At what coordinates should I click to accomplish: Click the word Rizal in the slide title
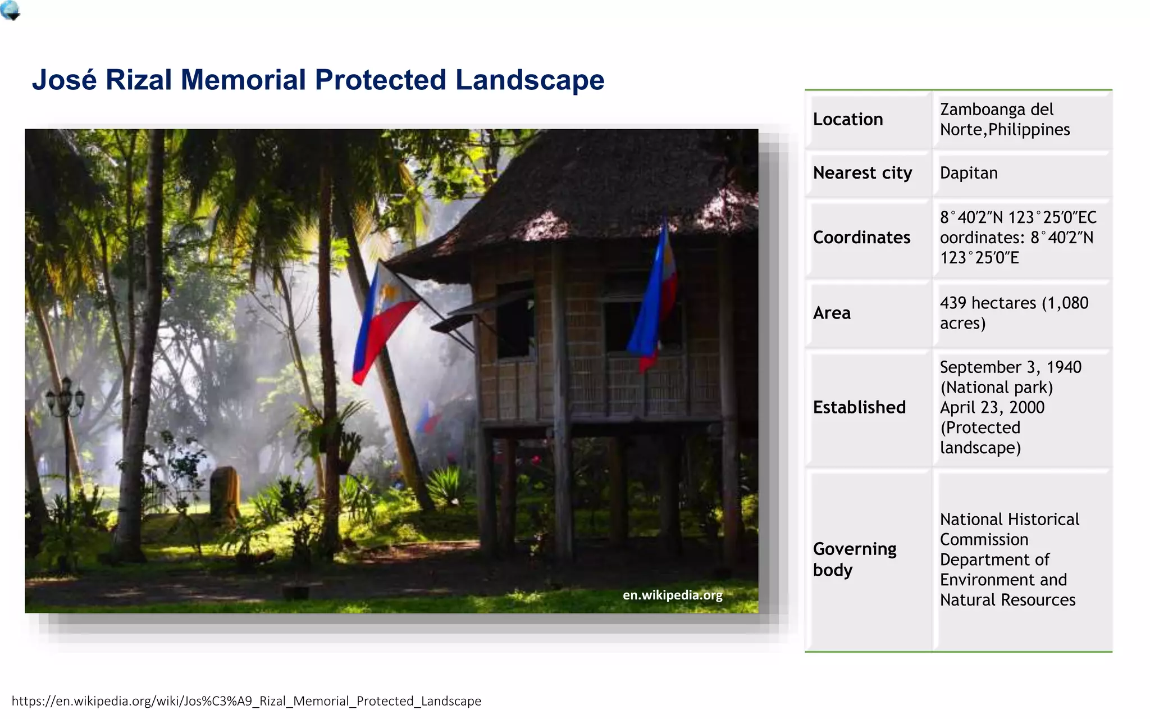[x=138, y=80]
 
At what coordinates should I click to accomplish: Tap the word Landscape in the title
[x=530, y=80]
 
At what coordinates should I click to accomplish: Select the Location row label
[x=848, y=119]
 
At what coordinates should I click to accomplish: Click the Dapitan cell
[x=969, y=173]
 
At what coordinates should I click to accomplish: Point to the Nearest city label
[x=862, y=173]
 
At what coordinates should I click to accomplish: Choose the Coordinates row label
[x=861, y=238]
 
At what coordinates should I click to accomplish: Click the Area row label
[x=832, y=313]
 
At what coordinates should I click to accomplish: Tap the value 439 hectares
[x=988, y=303]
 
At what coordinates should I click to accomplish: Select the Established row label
[x=859, y=407]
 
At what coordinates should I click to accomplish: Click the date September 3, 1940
[x=1010, y=367]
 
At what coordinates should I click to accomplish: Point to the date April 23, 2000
[x=992, y=407]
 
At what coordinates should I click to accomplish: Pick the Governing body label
[x=854, y=559]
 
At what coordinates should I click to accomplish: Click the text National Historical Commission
[x=1009, y=529]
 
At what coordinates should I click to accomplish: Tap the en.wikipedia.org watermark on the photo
[x=672, y=595]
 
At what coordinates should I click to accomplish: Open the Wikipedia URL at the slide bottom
[x=247, y=701]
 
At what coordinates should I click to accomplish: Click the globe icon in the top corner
[x=10, y=10]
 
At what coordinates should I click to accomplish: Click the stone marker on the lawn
[x=224, y=492]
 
